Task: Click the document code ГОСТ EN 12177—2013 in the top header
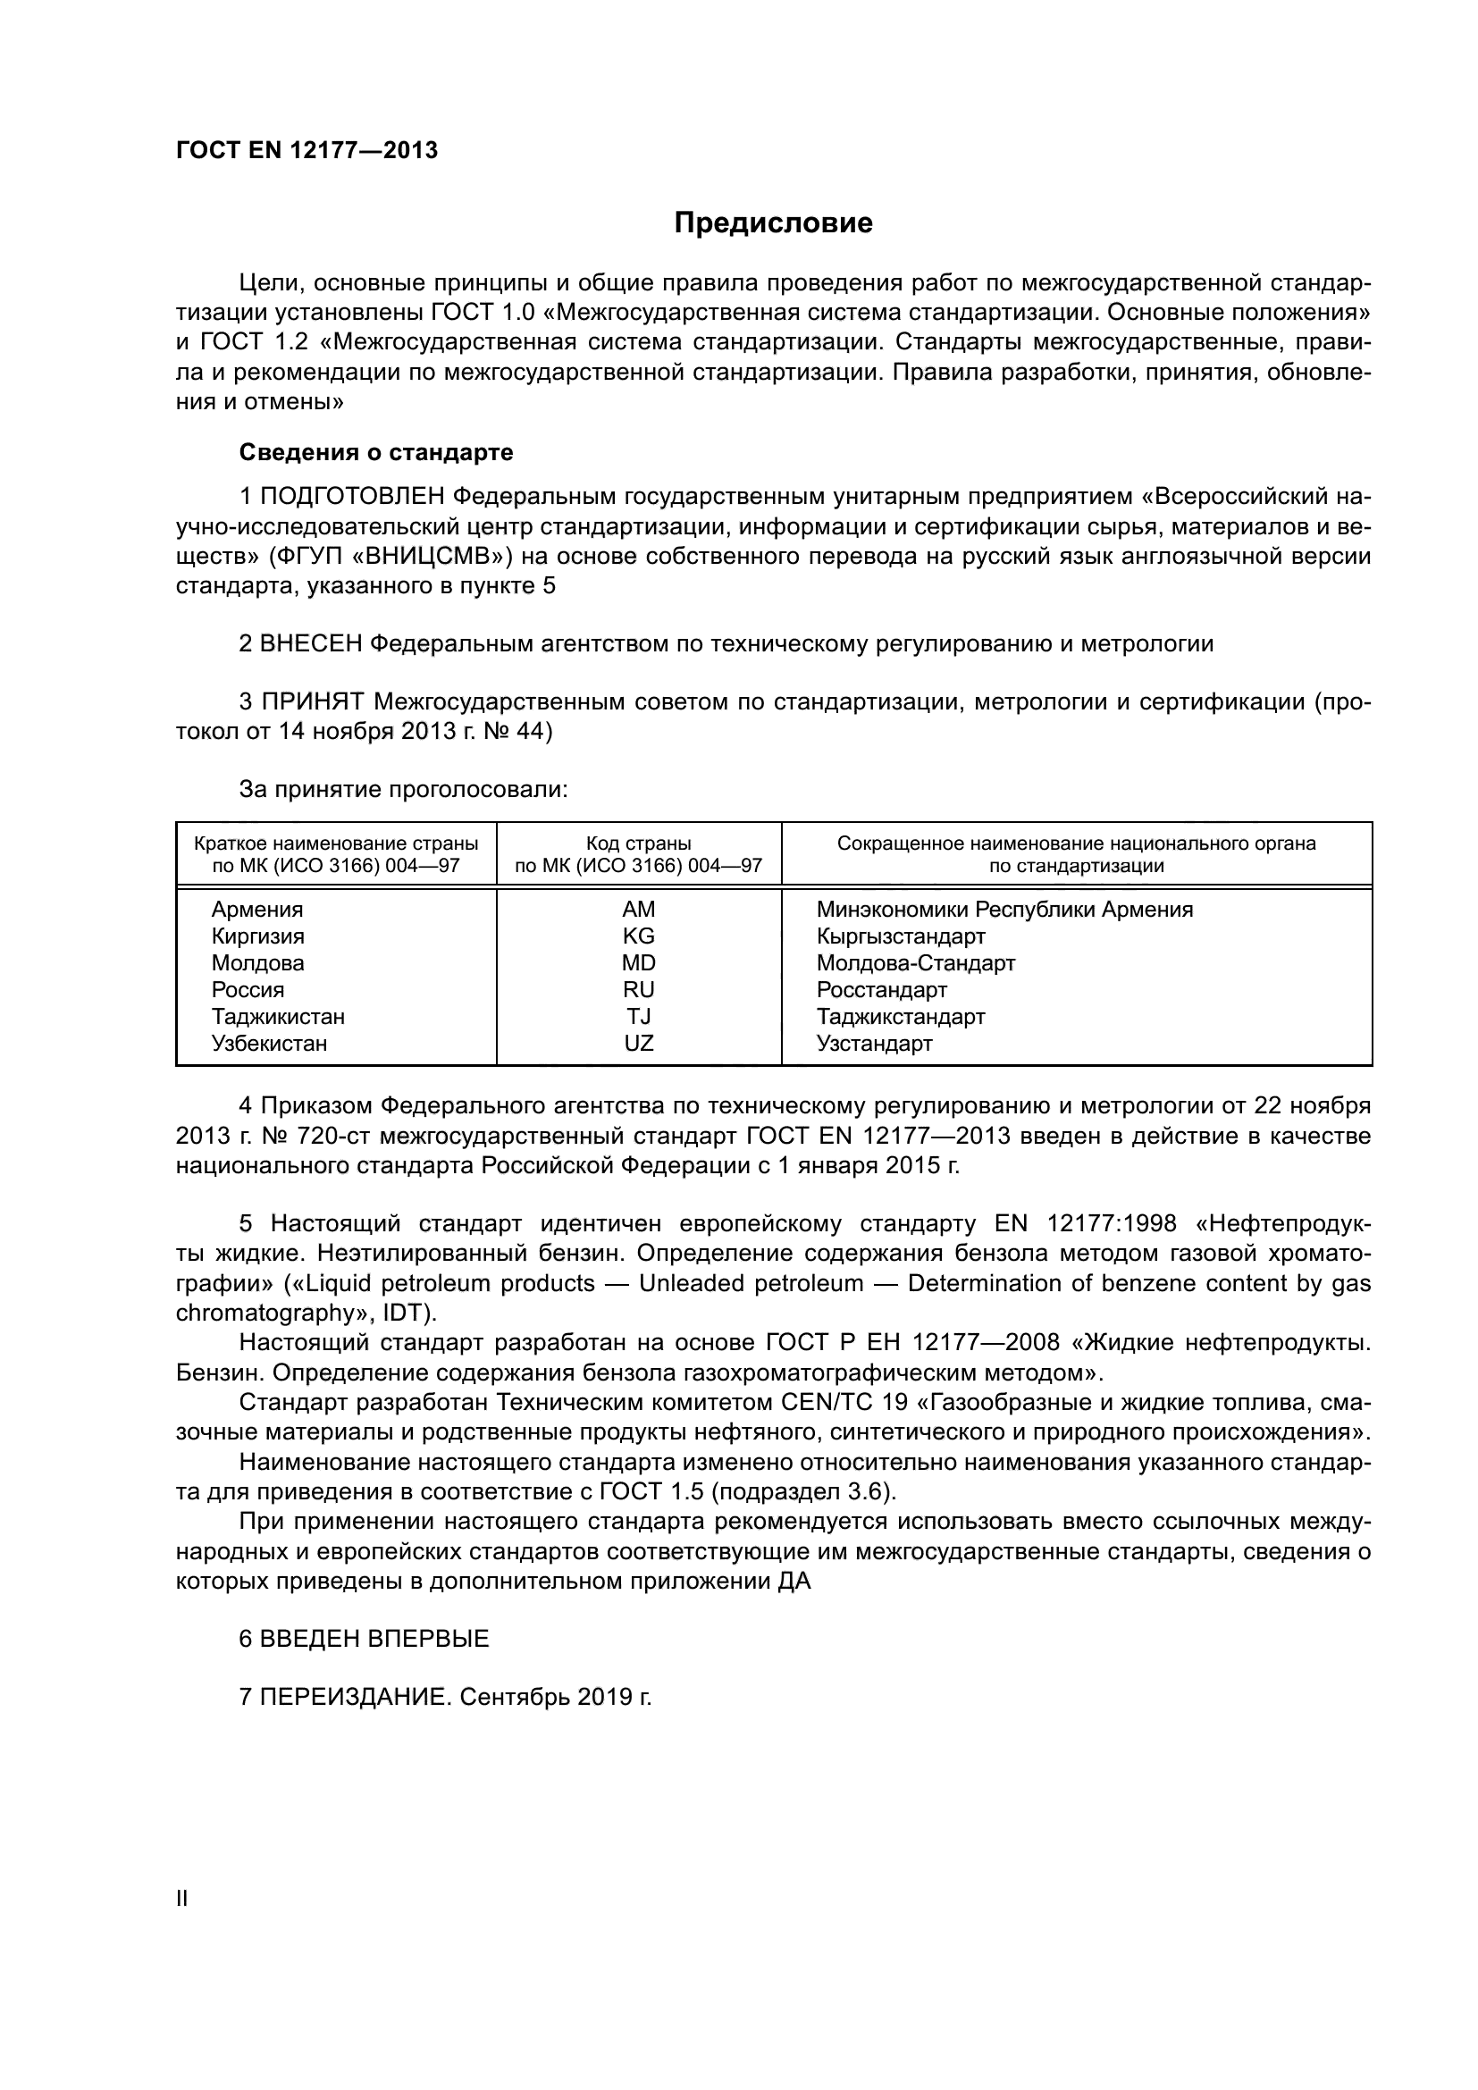coord(307,150)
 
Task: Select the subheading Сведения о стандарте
coord(376,452)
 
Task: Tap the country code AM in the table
coord(638,910)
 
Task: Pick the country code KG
coord(638,936)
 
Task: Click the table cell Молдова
coord(257,963)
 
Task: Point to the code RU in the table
coord(638,989)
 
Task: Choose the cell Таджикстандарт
coord(900,1017)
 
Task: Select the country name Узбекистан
coord(268,1043)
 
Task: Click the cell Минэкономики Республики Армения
coord(1004,910)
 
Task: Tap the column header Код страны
coord(638,843)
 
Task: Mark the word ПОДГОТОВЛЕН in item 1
coord(352,497)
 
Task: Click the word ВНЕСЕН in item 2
coord(311,644)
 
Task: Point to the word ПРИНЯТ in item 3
coord(313,701)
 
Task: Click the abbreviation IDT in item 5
coord(403,1314)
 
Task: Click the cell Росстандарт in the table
coord(881,989)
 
